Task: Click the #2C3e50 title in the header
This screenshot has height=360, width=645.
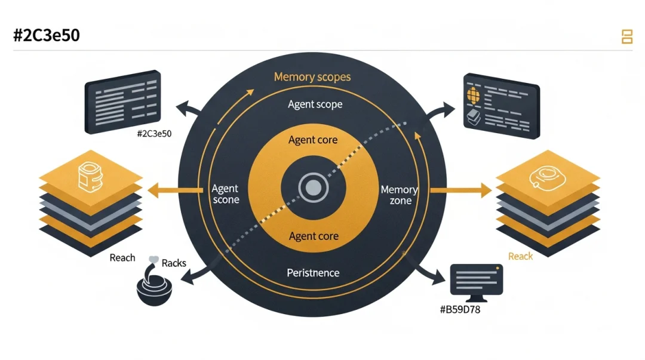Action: point(46,35)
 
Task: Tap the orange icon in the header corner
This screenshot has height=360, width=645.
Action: point(626,36)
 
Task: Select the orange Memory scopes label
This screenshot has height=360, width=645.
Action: point(312,77)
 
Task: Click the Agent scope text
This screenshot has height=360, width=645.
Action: point(315,104)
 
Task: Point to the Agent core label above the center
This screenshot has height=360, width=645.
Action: point(313,140)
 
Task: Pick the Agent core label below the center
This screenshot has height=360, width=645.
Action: point(314,236)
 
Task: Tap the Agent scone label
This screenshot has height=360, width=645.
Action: point(226,194)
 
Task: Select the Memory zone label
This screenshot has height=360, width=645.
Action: point(400,195)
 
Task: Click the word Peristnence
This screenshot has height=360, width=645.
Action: point(313,273)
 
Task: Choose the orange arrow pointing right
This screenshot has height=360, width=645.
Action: point(460,191)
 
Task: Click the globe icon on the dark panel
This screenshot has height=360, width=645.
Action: point(473,95)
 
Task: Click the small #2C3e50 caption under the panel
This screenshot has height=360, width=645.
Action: point(154,134)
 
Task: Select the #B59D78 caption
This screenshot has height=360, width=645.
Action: point(459,309)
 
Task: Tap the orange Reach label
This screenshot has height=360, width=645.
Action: point(520,256)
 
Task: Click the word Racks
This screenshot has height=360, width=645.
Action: point(174,263)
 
